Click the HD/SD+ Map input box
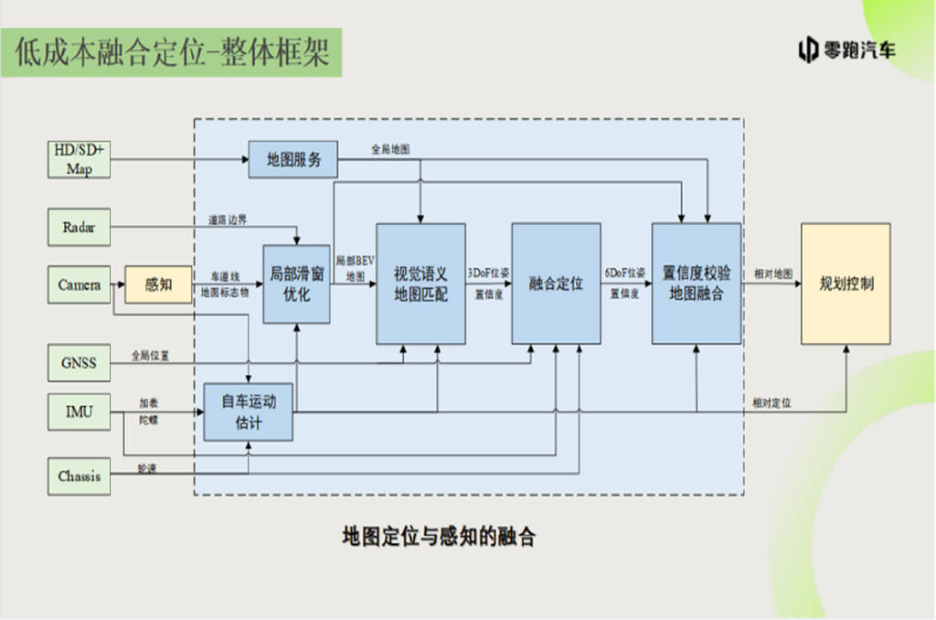tap(79, 159)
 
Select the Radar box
tap(79, 225)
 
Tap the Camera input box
tap(79, 284)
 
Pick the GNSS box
tap(79, 362)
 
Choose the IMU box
tap(79, 412)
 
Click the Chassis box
tap(79, 476)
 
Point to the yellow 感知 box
tap(158, 284)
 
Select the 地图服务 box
tap(293, 160)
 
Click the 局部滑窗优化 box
tap(296, 283)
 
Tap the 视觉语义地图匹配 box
tap(420, 283)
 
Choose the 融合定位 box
tap(556, 283)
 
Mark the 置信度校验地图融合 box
tap(696, 283)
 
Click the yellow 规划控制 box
tap(846, 283)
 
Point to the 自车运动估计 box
tap(248, 412)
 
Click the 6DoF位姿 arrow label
tap(625, 273)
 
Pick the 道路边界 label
tap(228, 220)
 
